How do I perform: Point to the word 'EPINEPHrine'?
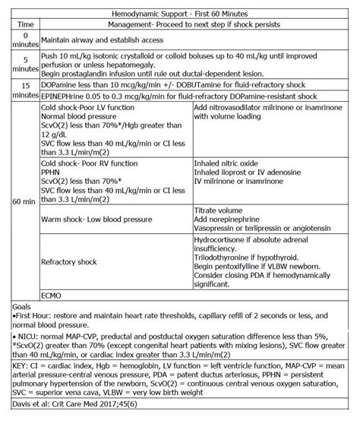point(64,97)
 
